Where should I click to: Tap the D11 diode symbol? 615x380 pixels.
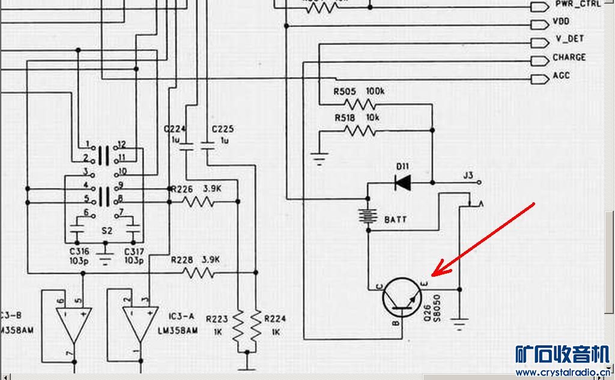402,182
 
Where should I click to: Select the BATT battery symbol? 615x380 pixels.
366,216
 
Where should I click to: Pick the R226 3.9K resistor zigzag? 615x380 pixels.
198,202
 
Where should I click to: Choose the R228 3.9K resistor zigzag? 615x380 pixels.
198,273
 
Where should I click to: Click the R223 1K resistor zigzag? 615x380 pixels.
239,325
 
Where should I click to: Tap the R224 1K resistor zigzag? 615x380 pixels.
256,325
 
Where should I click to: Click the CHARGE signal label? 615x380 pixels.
569,58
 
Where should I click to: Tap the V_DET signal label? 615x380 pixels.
569,40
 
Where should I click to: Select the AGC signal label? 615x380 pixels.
561,76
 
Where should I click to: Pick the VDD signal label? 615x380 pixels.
561,22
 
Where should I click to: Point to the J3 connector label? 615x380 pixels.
469,175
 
